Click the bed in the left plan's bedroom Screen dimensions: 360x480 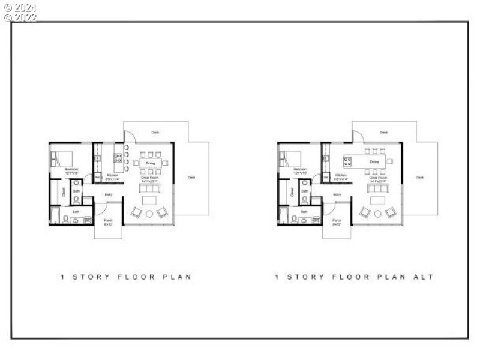pyautogui.click(x=62, y=158)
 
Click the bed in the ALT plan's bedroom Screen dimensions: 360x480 pyautogui.click(x=291, y=158)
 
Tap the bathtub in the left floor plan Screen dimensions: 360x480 pyautogui.click(x=55, y=215)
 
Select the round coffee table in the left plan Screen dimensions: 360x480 pyautogui.click(x=149, y=214)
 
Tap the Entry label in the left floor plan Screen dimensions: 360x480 pyautogui.click(x=109, y=194)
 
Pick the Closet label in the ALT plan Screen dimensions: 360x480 pyautogui.click(x=292, y=192)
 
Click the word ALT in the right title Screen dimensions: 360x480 pyautogui.click(x=423, y=277)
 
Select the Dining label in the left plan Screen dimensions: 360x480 pyautogui.click(x=149, y=163)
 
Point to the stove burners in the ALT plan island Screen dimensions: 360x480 pyautogui.click(x=347, y=161)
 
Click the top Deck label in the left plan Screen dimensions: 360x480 pyautogui.click(x=155, y=132)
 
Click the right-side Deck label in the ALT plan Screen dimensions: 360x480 pyautogui.click(x=420, y=177)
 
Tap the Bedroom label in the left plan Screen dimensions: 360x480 pyautogui.click(x=71, y=170)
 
